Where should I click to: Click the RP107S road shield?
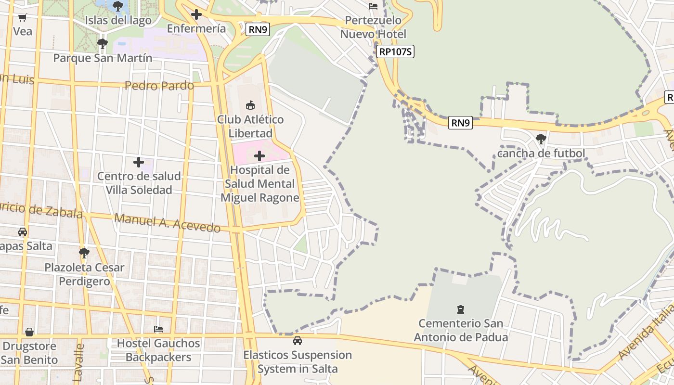coord(395,51)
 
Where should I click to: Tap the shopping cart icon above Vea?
coord(22,18)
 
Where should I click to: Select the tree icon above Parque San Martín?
coord(102,44)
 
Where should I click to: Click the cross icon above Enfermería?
coord(196,14)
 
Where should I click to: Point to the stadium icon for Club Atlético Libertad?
coord(250,105)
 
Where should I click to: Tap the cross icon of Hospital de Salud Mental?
coord(259,156)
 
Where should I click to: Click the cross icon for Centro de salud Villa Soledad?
coord(139,162)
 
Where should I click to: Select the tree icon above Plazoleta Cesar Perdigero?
coord(84,253)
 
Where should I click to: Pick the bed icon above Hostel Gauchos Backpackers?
coord(158,329)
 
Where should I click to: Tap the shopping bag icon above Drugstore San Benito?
coord(29,332)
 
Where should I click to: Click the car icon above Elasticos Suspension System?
coord(298,341)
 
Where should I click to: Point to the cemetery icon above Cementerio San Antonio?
coord(461,309)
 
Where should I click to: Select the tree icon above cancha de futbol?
coord(541,139)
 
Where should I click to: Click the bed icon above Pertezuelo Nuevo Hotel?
coord(373,6)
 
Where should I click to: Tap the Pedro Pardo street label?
coord(159,86)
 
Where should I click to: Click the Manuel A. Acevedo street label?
coord(167,223)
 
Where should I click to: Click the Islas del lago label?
coord(118,20)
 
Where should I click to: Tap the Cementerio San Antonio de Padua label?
coord(461,330)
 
